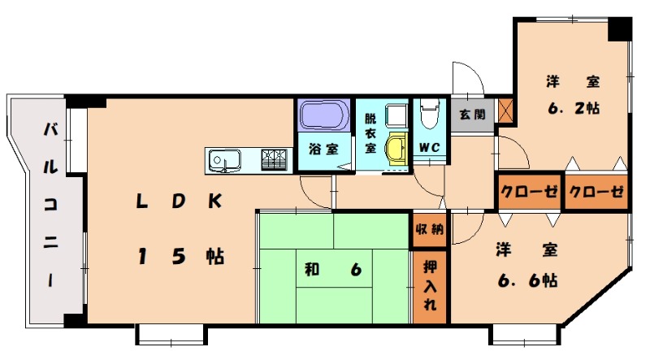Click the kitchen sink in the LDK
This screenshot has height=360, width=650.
[221, 160]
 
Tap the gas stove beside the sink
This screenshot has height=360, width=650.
[275, 159]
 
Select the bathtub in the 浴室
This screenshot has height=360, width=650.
[323, 115]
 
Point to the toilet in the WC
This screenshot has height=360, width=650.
[428, 114]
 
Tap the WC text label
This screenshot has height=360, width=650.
[428, 148]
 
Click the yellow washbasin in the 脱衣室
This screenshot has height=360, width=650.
[395, 149]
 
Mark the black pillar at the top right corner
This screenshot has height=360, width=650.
[620, 28]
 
